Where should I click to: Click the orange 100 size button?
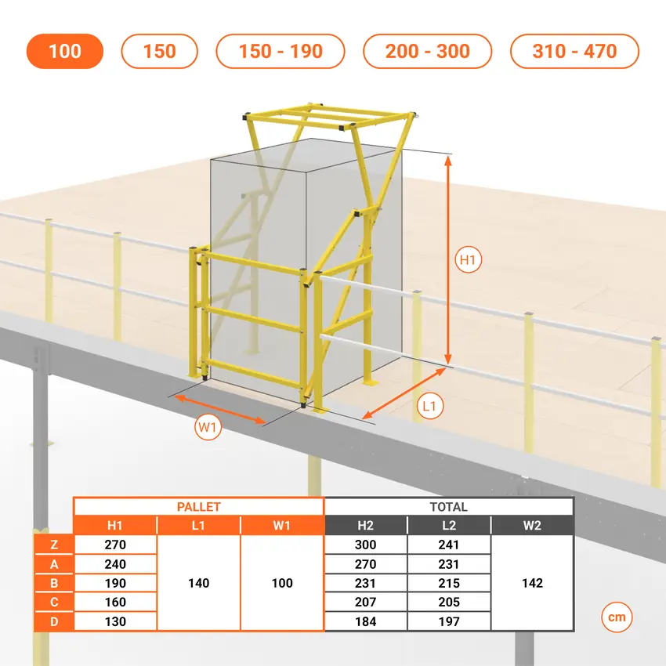pos(64,51)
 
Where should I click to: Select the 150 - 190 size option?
pos(281,51)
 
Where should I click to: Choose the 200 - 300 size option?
pos(427,51)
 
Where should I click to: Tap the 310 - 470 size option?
pos(574,51)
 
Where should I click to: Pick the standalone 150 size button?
pos(159,51)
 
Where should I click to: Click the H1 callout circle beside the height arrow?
pos(468,259)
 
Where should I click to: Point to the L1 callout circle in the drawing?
pos(430,406)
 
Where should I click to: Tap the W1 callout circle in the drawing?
pos(208,427)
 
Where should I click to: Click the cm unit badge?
pos(617,617)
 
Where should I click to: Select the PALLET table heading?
pos(198,507)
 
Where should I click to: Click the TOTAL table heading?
pos(448,507)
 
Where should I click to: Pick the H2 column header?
pos(365,526)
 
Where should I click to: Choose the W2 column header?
pos(532,526)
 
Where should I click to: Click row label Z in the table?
pos(54,545)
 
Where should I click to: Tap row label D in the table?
pos(54,621)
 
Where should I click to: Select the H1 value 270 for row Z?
pos(115,545)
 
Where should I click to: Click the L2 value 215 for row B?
pos(449,583)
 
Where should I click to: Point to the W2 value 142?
pos(532,583)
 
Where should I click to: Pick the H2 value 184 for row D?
pos(365,621)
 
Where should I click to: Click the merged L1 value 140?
pos(198,583)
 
